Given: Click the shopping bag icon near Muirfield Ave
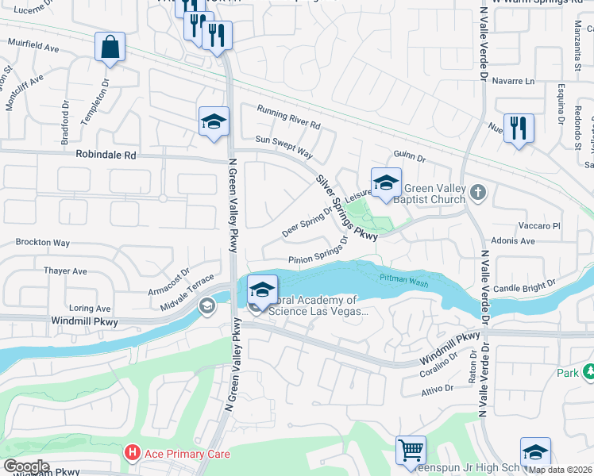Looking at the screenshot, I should [110, 46].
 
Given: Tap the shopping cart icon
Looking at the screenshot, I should [411, 450].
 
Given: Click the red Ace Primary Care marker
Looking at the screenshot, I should [132, 454].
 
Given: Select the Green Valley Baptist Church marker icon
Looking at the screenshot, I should [477, 191].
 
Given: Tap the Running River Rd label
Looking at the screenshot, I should [287, 118].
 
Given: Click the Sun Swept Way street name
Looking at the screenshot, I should [284, 144].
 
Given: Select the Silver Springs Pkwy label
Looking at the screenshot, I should [345, 208].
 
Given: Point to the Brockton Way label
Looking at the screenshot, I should [43, 242].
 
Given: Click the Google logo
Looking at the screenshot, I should [26, 466].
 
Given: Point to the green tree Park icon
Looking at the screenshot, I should [589, 371].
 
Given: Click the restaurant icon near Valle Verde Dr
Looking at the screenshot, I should [518, 128].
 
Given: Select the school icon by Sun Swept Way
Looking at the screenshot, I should [214, 121].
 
